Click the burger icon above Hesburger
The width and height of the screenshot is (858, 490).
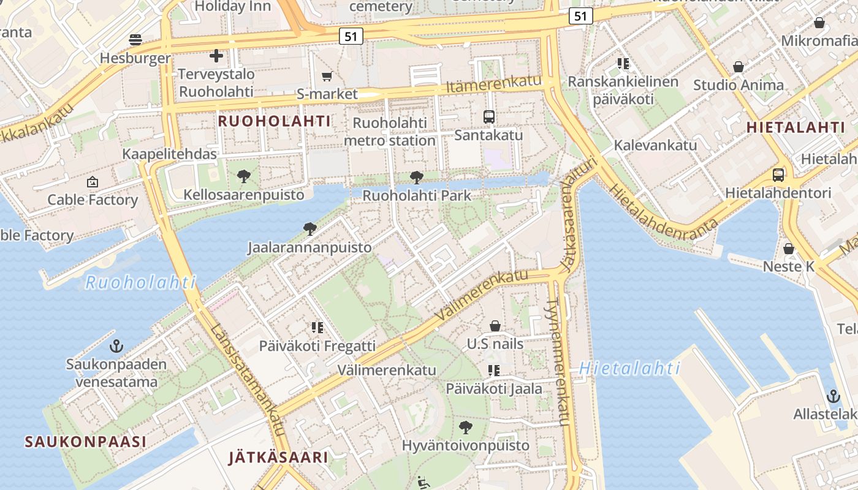135,40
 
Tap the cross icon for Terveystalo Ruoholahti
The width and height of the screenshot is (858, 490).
216,56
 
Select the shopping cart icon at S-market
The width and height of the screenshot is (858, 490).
327,77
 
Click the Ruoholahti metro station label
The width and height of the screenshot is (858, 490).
390,132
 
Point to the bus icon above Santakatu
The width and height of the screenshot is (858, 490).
488,117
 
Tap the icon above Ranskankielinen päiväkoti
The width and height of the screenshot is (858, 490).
623,64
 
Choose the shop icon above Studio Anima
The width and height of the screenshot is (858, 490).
738,67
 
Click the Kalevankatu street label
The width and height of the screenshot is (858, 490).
655,145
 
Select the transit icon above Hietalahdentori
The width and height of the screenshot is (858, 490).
778,175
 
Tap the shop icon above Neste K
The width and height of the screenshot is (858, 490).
789,249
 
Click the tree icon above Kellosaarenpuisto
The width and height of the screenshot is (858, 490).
244,177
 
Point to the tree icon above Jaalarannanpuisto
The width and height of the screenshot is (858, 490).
309,230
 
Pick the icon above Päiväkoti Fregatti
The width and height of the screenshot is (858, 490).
317,328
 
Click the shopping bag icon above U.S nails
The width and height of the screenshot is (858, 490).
495,326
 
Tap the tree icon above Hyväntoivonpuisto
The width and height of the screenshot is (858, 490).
466,427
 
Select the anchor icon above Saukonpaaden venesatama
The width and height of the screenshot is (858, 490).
116,347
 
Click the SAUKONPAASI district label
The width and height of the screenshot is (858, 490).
86,442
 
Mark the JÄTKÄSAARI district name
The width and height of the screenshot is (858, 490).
278,457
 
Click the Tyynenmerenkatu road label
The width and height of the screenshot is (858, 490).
559,361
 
